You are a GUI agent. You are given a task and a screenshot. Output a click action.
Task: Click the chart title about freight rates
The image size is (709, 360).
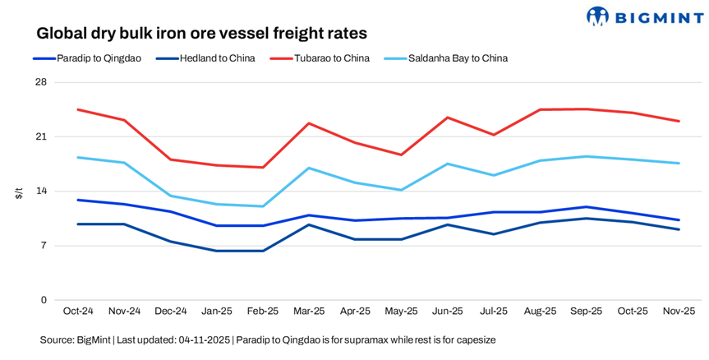[201, 34]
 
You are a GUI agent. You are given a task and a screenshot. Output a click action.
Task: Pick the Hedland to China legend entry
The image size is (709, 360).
[216, 58]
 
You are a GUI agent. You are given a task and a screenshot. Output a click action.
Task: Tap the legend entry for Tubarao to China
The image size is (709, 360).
[332, 58]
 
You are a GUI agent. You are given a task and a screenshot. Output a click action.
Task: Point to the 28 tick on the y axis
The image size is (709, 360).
[41, 82]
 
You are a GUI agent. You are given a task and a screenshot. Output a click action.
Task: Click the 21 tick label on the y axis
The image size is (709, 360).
[41, 136]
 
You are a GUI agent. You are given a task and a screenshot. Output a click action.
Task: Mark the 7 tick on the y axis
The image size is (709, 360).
[44, 246]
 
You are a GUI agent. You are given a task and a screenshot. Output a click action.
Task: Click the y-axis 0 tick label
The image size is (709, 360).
[44, 300]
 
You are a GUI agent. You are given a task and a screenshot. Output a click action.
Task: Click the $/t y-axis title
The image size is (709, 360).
[18, 193]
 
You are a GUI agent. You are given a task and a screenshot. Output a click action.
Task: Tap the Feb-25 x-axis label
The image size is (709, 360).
[262, 312]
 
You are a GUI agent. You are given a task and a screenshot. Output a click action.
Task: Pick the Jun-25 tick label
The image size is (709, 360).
[447, 312]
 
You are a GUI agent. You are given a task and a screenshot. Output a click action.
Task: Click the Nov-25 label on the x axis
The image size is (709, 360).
[679, 312]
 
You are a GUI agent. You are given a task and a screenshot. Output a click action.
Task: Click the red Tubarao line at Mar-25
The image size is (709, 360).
[308, 123]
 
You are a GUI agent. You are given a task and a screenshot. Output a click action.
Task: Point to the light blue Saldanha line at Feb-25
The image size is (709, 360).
[262, 206]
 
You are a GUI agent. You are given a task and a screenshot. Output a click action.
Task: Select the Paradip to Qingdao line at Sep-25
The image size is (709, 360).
[586, 207]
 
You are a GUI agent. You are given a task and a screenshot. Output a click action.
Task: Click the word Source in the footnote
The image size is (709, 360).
[57, 339]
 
